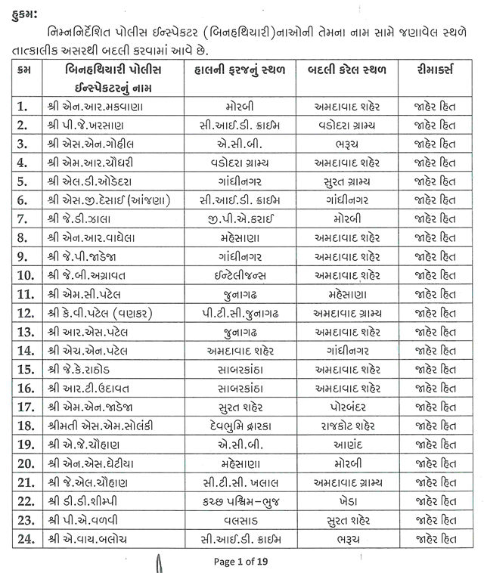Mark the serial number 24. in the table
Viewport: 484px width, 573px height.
point(27,540)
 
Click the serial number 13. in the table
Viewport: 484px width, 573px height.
point(27,332)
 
